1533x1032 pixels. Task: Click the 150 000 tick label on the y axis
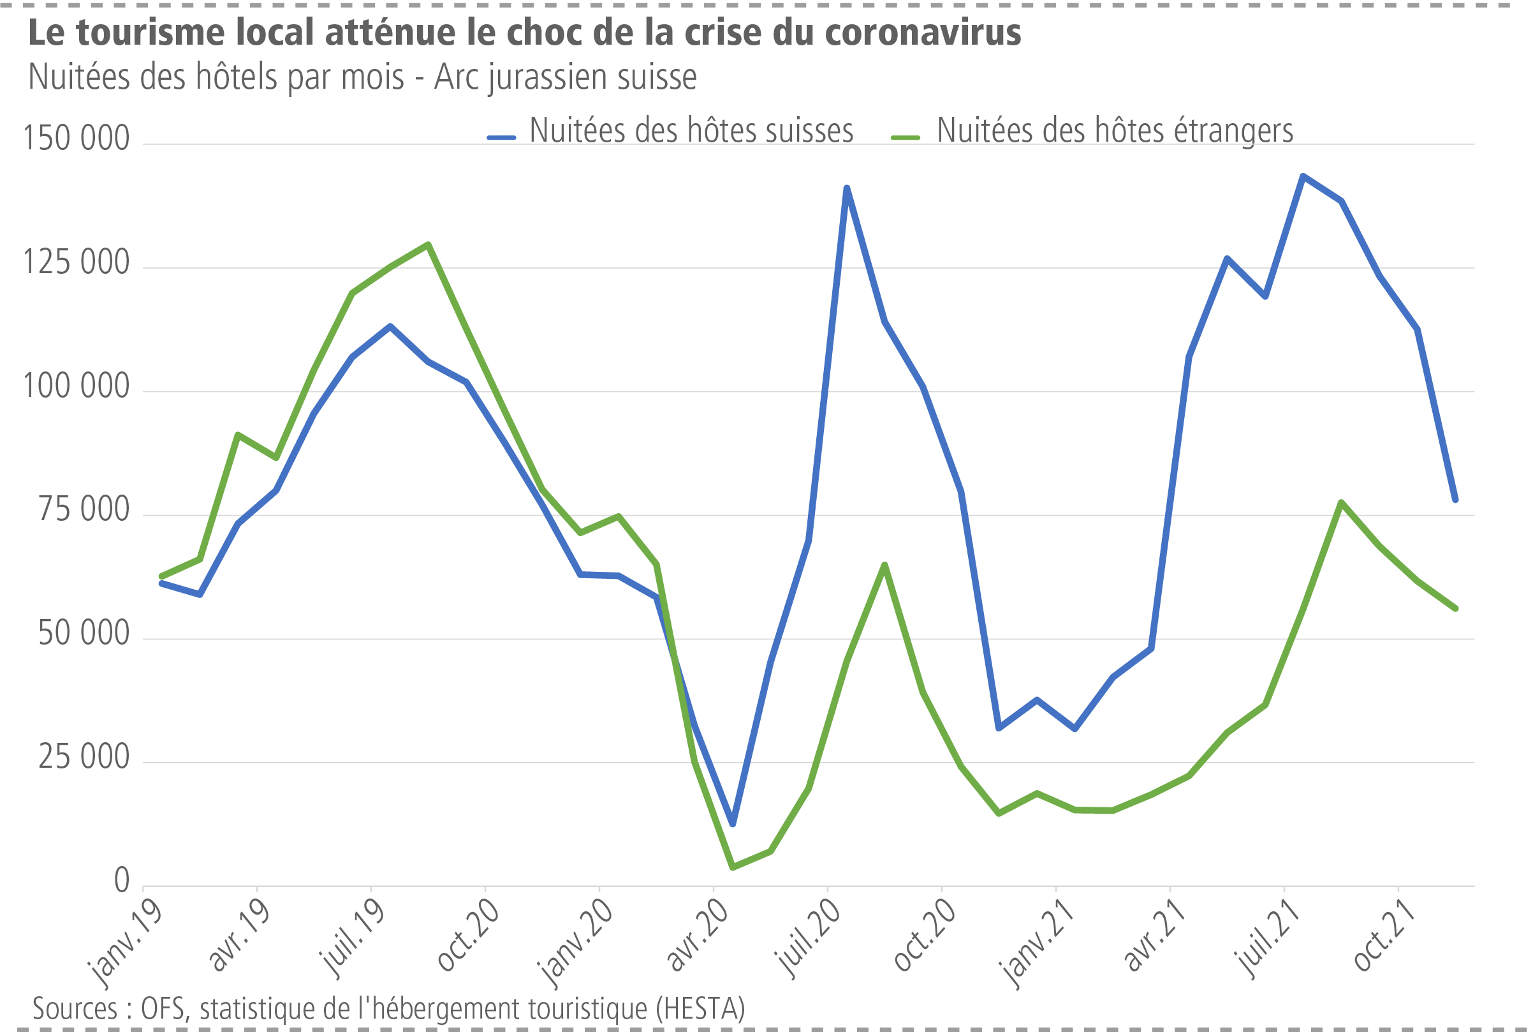click(x=77, y=138)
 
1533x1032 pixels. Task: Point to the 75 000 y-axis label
click(x=84, y=509)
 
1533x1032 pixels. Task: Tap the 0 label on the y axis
click(x=122, y=881)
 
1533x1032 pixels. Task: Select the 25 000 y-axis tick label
click(x=84, y=757)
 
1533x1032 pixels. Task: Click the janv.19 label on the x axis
click(x=125, y=943)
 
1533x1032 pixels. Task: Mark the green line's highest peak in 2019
click(x=428, y=245)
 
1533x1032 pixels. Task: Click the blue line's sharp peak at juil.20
click(x=846, y=188)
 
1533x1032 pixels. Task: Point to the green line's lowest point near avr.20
click(x=733, y=867)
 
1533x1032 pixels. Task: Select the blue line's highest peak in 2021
click(x=1303, y=176)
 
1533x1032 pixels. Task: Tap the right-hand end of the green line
click(x=1456, y=608)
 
